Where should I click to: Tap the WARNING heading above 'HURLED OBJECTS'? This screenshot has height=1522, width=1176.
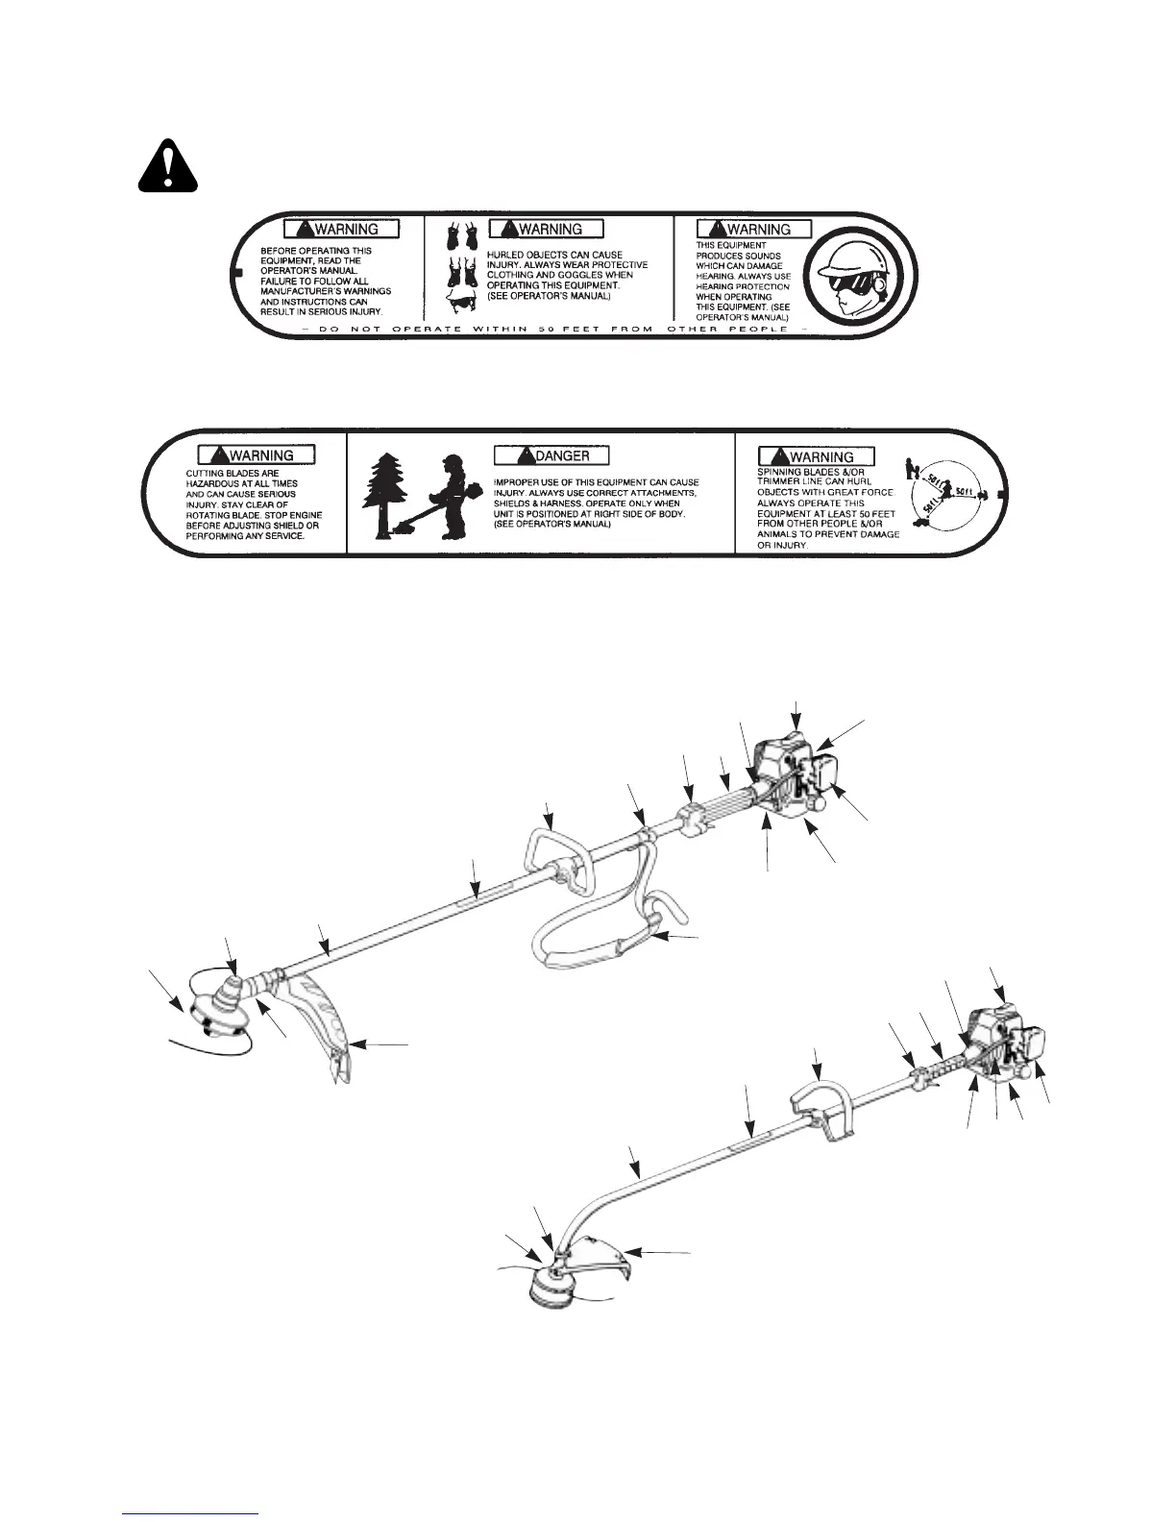click(x=547, y=229)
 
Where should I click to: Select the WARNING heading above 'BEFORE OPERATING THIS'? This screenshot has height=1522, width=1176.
click(x=341, y=229)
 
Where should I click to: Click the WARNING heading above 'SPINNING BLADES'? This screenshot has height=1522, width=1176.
click(x=817, y=455)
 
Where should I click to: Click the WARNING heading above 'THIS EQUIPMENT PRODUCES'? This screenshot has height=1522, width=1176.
click(x=755, y=229)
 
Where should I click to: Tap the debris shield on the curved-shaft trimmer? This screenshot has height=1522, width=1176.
click(x=595, y=1259)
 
